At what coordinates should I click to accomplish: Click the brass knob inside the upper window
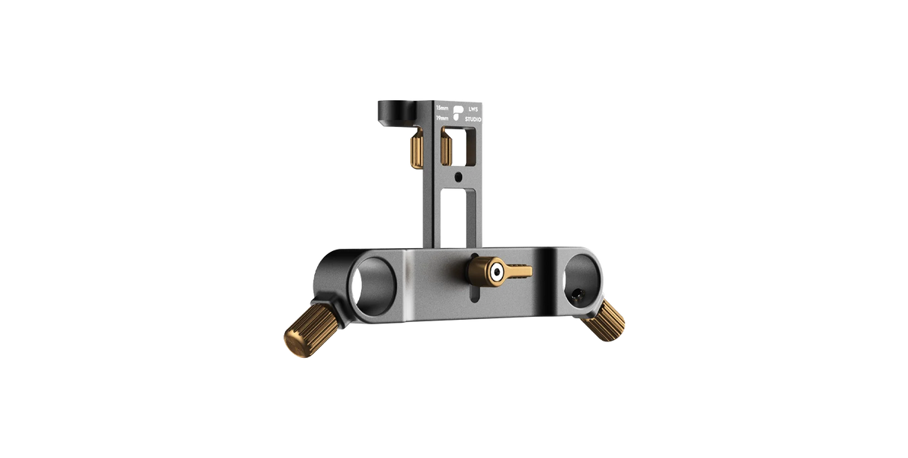447,146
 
